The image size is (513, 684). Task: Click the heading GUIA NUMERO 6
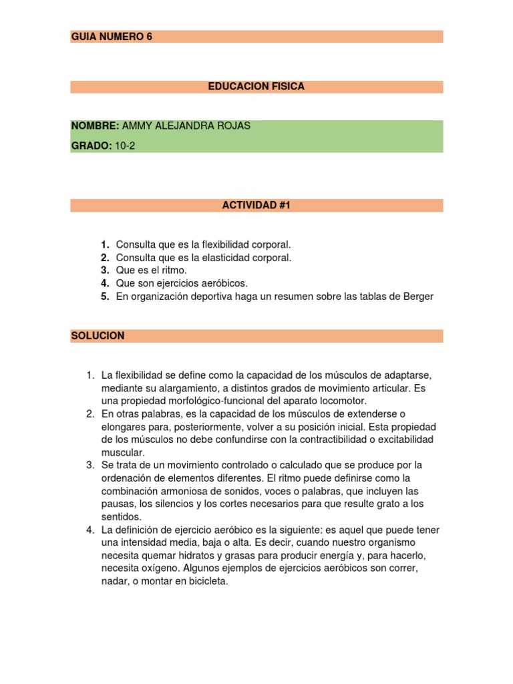112,37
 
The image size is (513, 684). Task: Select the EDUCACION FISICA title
256,87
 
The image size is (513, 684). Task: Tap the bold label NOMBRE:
95,126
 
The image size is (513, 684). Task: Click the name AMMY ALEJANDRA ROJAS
186,126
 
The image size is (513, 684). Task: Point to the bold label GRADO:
92,146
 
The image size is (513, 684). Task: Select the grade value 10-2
125,146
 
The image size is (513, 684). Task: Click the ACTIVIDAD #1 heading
256,206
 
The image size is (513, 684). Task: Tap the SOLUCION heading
98,335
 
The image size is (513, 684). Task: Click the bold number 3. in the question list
105,270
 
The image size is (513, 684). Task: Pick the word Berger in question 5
417,297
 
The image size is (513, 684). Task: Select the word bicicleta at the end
205,582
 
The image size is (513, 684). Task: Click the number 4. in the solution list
90,530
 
